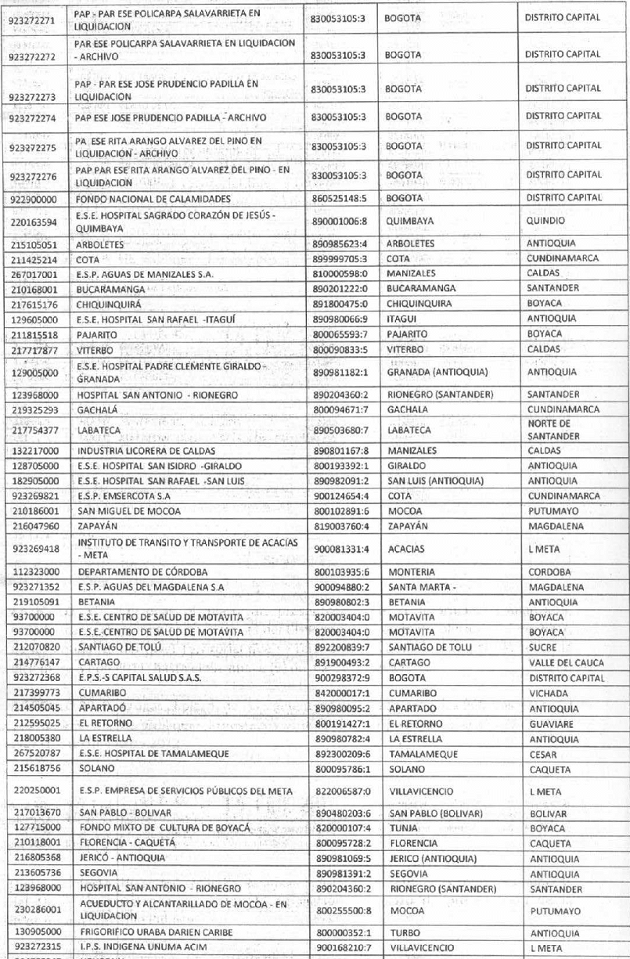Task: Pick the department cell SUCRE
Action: pos(542,647)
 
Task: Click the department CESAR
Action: pos(541,754)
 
